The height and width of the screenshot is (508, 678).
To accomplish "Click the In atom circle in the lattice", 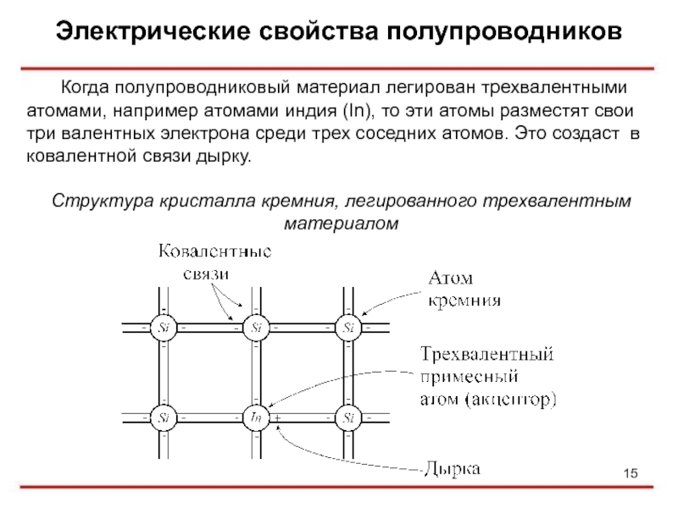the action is [x=256, y=417].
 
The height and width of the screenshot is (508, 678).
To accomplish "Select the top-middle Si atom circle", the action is [x=256, y=327].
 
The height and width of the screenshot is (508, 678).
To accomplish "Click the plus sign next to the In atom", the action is [x=277, y=418].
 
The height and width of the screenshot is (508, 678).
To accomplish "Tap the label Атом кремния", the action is [x=462, y=289].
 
